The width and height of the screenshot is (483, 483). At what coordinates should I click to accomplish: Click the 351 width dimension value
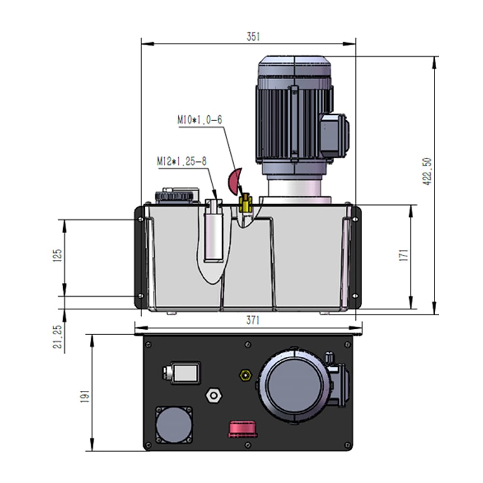[x=253, y=37]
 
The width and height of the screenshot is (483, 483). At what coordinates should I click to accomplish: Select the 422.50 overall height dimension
[x=427, y=171]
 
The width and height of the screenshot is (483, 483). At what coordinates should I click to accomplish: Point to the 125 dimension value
[x=57, y=256]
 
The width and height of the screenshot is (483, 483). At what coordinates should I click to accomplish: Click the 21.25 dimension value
[x=57, y=337]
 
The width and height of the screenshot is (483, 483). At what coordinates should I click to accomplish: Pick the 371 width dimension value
[x=253, y=320]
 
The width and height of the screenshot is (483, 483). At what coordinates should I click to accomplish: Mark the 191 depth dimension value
[x=85, y=396]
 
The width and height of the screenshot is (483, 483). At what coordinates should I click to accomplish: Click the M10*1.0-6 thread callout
[x=199, y=120]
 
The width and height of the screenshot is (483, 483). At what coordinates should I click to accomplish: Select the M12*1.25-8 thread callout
[x=182, y=161]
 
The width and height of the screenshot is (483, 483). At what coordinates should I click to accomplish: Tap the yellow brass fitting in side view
[x=245, y=203]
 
